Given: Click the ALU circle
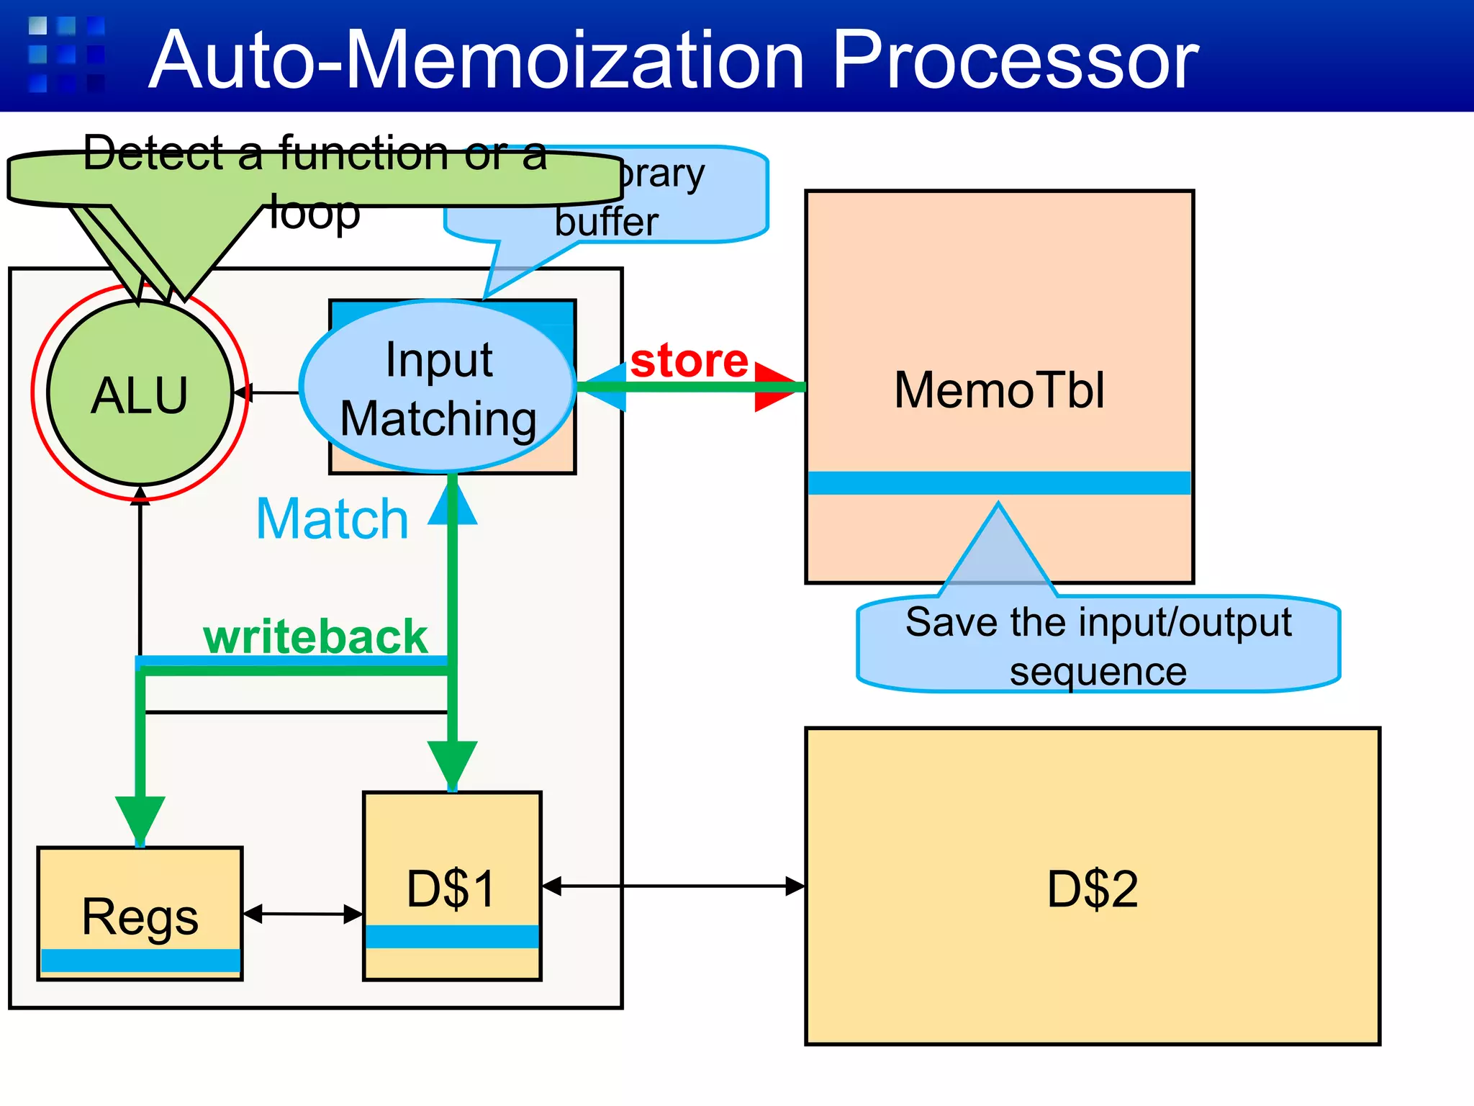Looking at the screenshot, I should click(x=140, y=393).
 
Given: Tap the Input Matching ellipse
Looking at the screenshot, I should click(x=438, y=389).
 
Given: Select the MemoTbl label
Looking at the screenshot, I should click(x=999, y=390).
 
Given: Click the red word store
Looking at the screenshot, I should click(x=689, y=360).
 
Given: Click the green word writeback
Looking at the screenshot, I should click(x=315, y=637).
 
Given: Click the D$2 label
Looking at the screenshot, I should click(x=1092, y=889).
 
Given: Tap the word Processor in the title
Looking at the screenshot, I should click(x=1015, y=60).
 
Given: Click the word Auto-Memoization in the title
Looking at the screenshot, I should click(x=475, y=60).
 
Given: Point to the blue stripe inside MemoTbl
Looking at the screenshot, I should click(x=999, y=482).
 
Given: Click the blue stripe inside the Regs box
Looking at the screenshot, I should click(x=140, y=961).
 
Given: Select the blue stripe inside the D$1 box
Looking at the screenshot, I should click(x=452, y=936).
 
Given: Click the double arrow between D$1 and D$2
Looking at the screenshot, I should click(x=673, y=886).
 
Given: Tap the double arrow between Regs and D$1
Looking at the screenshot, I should click(x=303, y=914).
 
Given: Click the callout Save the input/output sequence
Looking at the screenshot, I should click(x=1098, y=645).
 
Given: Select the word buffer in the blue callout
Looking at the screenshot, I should click(x=606, y=222).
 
